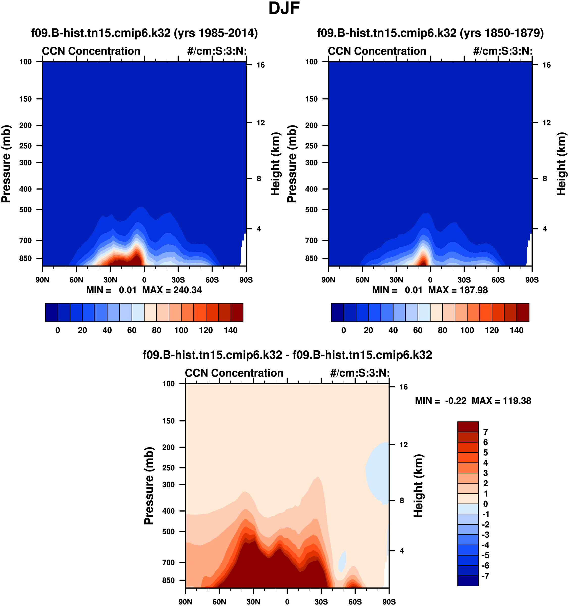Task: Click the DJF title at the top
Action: pyautogui.click(x=284, y=9)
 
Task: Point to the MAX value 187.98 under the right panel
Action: pyautogui.click(x=473, y=290)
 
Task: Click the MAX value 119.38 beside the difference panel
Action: pyautogui.click(x=517, y=401)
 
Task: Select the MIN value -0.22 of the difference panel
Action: pyautogui.click(x=456, y=401)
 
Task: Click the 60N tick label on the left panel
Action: pyautogui.click(x=76, y=280)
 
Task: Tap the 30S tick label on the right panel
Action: pyautogui.click(x=464, y=280)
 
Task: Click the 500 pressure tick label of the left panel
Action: pyautogui.click(x=25, y=210)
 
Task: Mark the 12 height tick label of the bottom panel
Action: pyautogui.click(x=403, y=445)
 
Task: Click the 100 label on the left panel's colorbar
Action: pyautogui.click(x=181, y=330)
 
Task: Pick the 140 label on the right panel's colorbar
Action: pyautogui.click(x=516, y=330)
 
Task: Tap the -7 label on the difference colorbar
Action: pyautogui.click(x=485, y=576)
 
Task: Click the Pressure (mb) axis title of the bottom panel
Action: pyautogui.click(x=149, y=486)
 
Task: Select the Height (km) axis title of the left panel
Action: pyautogui.click(x=275, y=164)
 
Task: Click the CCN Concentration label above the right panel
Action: pyautogui.click(x=377, y=51)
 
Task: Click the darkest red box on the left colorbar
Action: pyautogui.click(x=237, y=312)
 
